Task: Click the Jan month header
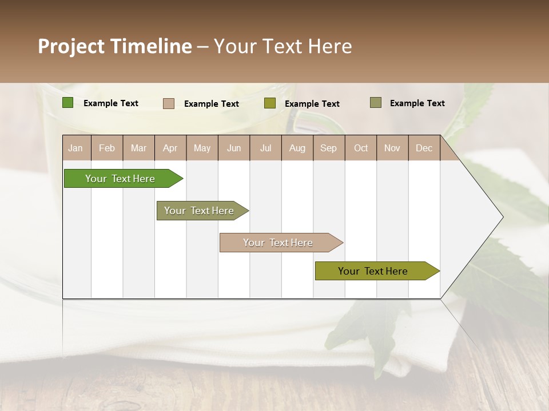[x=75, y=148]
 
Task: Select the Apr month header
[x=170, y=148]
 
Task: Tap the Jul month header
[x=265, y=148]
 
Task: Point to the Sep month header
[x=328, y=148]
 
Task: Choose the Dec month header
[x=424, y=148]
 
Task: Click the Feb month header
[x=107, y=148]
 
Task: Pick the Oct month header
[x=361, y=148]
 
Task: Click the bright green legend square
[x=68, y=103]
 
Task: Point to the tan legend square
[x=169, y=103]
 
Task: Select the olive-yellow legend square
[x=270, y=103]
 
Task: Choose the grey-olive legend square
[x=376, y=103]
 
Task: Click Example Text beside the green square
[x=111, y=103]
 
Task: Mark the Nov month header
[x=392, y=148]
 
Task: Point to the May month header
[x=202, y=148]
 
